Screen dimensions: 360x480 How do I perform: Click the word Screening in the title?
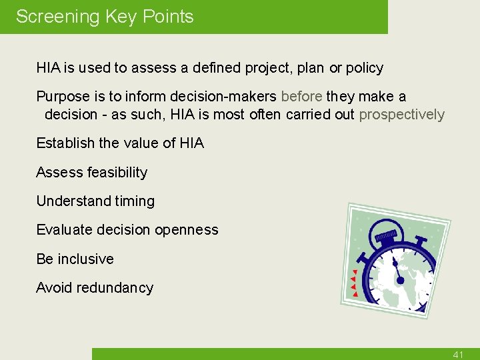click(57, 17)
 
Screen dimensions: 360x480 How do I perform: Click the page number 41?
click(457, 355)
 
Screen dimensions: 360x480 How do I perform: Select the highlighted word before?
click(302, 97)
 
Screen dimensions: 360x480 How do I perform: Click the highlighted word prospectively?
click(401, 115)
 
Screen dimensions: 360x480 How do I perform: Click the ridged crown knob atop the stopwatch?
click(386, 236)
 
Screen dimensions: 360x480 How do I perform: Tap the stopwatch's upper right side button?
click(421, 240)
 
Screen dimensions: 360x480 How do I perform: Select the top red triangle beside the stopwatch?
click(355, 272)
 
